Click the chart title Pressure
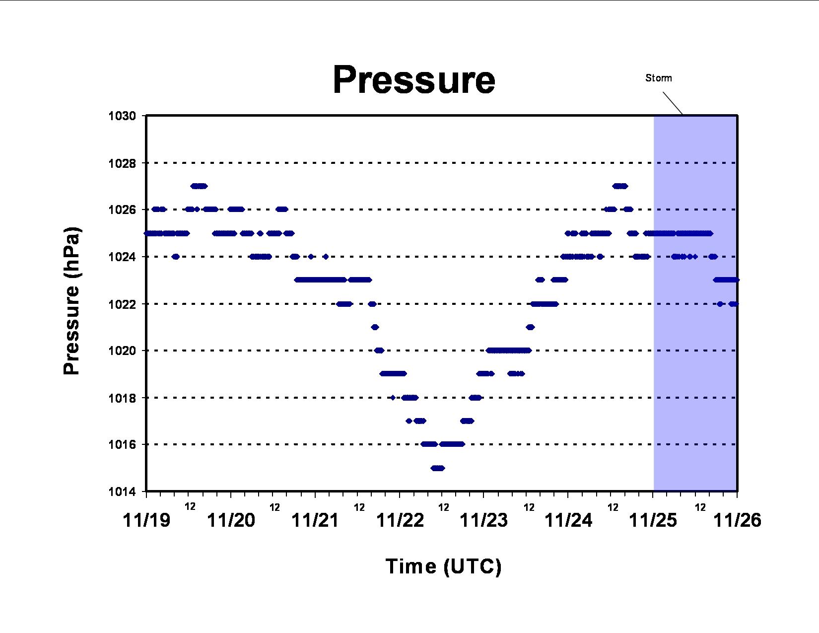click(414, 80)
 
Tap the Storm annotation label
click(659, 78)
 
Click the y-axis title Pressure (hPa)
click(71, 301)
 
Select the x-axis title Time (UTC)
click(443, 566)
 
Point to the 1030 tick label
click(122, 116)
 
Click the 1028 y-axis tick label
click(122, 163)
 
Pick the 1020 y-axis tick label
click(122, 351)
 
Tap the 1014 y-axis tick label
click(122, 492)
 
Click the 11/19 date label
click(146, 521)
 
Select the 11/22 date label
click(400, 521)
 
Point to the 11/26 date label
click(737, 521)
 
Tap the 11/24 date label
click(568, 521)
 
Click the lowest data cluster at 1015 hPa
click(438, 468)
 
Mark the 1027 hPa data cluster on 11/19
click(199, 186)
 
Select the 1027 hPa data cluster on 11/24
click(620, 186)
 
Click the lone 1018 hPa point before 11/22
click(393, 398)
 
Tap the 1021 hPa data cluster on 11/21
click(375, 327)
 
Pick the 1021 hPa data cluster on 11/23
click(530, 327)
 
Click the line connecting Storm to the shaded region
click(673, 103)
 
